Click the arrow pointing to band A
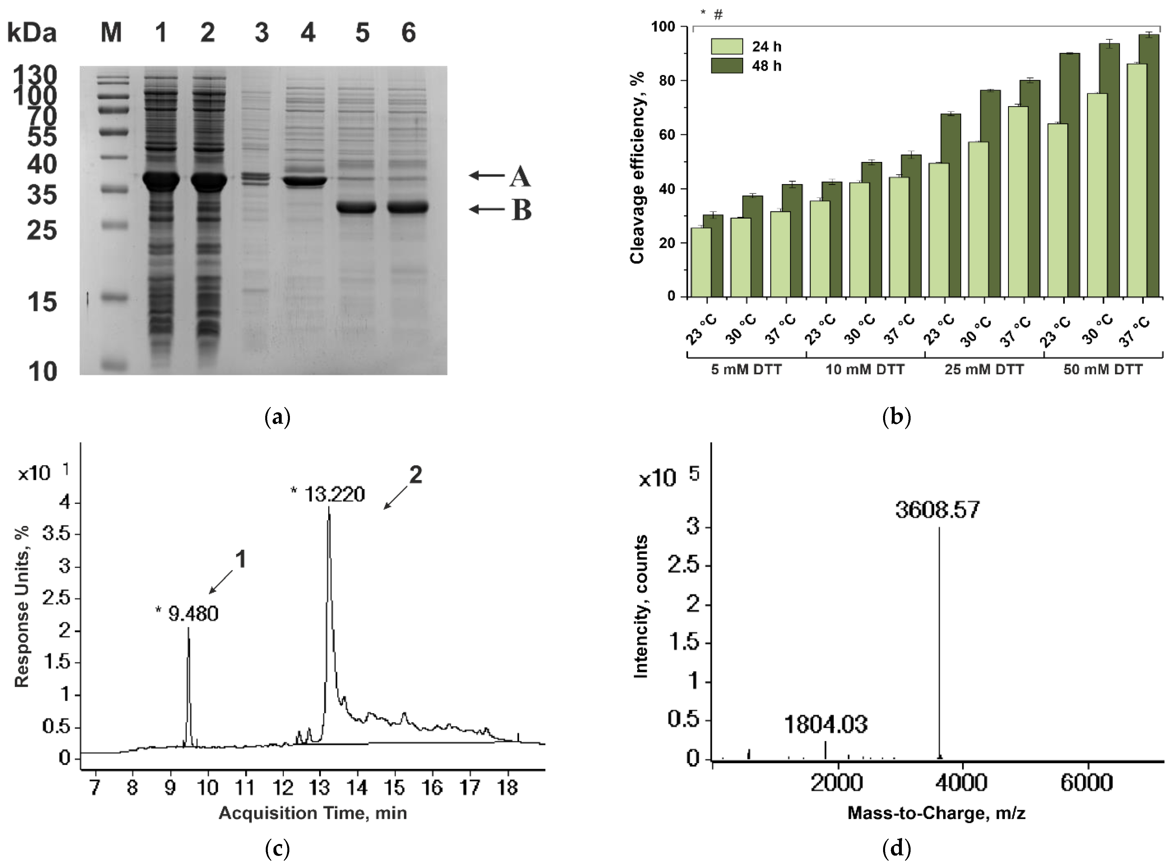click(487, 175)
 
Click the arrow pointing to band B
click(487, 209)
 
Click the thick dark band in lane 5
click(356, 207)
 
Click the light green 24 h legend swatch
click(726, 47)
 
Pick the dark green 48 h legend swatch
click(726, 66)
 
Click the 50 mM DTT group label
click(1103, 370)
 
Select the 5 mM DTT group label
click(746, 370)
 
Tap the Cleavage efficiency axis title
click(637, 168)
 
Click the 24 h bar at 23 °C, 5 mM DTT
click(701, 262)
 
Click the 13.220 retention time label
click(334, 494)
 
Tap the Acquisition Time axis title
click(312, 813)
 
